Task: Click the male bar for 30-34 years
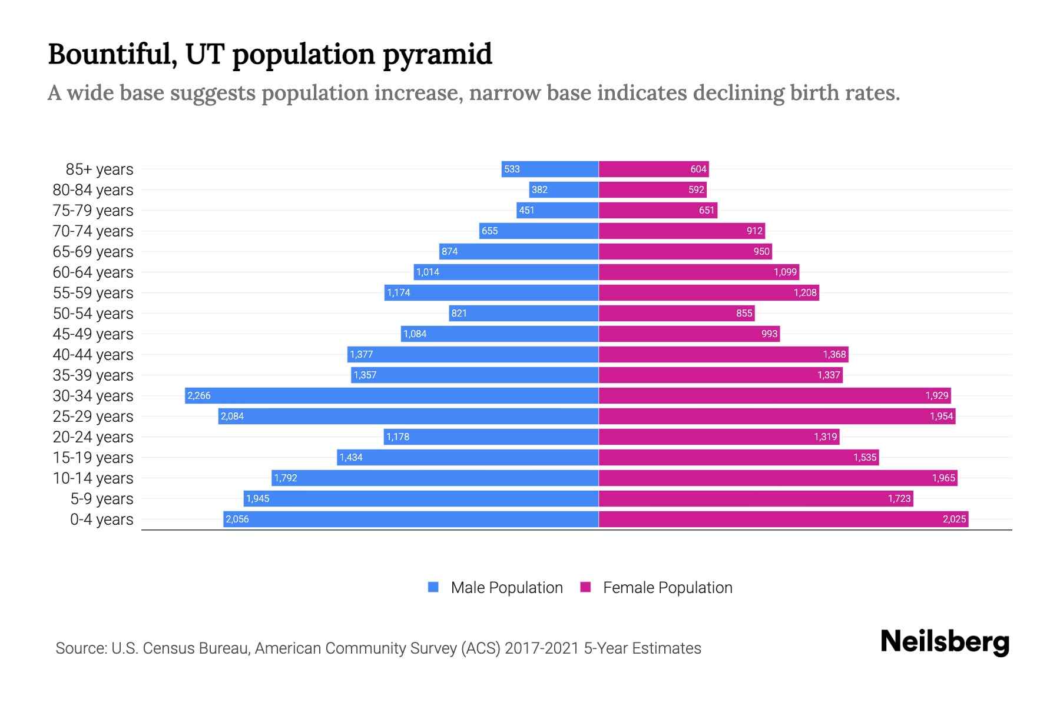(x=392, y=395)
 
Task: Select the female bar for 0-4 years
(x=783, y=519)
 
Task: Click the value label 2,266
(x=199, y=395)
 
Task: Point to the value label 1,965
(x=943, y=478)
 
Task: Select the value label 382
(x=539, y=189)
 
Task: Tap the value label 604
(x=698, y=169)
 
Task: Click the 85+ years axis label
(x=100, y=169)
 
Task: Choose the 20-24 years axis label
(x=93, y=437)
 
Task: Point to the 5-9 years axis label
(x=102, y=498)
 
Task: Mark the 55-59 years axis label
(x=93, y=292)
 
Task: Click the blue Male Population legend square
(x=433, y=587)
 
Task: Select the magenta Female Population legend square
(x=585, y=587)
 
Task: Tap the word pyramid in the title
(x=438, y=55)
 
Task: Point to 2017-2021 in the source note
(x=542, y=648)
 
